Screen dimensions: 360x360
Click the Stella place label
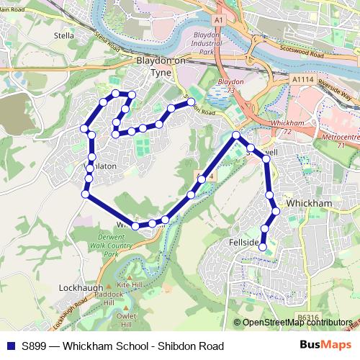pyautogui.click(x=63, y=34)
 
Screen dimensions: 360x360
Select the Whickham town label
pyautogui.click(x=308, y=204)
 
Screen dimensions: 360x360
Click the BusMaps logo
pyautogui.click(x=326, y=346)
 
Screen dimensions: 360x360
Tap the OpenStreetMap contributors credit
pyautogui.click(x=297, y=323)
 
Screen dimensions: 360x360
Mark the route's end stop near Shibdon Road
pyautogui.click(x=192, y=102)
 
